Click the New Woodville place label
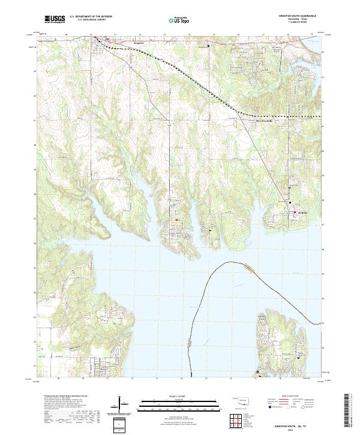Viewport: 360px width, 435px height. pos(261,120)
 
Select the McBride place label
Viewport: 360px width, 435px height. pos(302,212)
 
